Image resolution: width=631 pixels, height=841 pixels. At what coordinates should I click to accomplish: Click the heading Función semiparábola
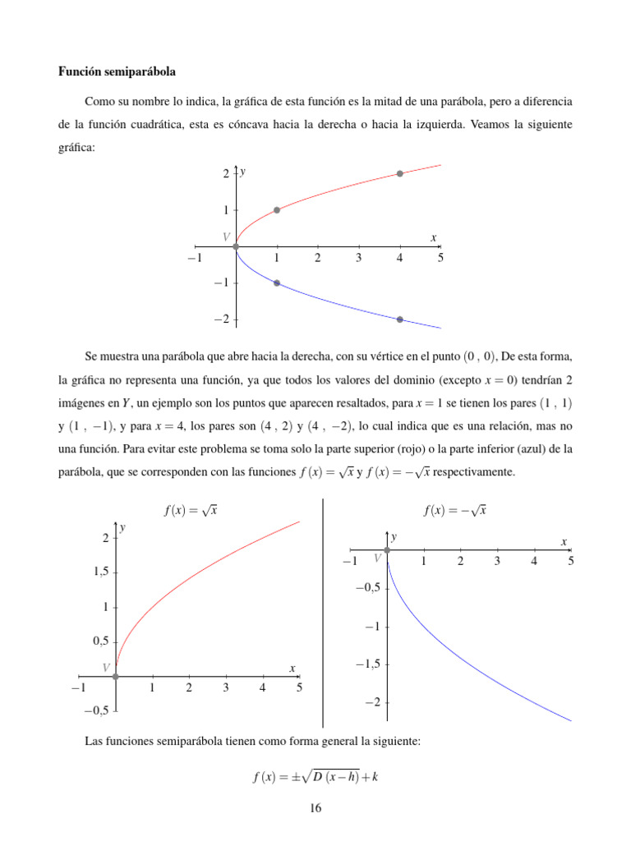(x=117, y=72)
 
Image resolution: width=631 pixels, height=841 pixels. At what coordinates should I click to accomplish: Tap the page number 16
(x=315, y=809)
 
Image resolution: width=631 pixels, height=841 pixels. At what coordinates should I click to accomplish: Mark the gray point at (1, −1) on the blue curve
(x=277, y=283)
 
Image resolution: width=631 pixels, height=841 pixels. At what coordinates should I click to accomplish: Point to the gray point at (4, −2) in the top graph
(x=400, y=319)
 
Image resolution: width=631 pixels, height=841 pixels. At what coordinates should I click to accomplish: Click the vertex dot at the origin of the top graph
(x=236, y=246)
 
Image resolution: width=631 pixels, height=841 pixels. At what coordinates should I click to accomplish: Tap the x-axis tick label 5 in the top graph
(x=440, y=259)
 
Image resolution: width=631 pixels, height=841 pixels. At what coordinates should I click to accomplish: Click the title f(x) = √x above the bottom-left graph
(x=191, y=510)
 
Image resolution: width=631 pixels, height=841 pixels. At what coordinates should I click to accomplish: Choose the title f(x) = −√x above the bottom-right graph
(x=455, y=510)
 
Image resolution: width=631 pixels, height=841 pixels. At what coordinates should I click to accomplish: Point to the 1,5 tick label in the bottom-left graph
(x=99, y=572)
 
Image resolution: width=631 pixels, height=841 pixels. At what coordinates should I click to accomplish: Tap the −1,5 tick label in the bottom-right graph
(x=366, y=664)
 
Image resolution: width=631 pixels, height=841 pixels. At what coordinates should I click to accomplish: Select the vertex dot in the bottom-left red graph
(x=116, y=677)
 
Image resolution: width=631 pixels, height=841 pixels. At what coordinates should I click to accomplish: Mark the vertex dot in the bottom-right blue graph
(x=387, y=549)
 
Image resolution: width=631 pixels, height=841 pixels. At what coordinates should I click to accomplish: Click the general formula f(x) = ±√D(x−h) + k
(x=315, y=777)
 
